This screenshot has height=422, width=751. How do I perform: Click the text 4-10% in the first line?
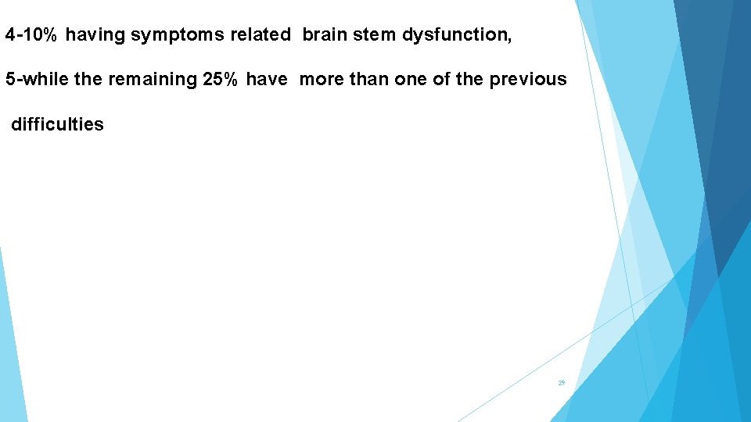(32, 35)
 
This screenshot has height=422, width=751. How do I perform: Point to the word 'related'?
(260, 35)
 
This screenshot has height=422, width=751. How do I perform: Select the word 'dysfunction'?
(457, 35)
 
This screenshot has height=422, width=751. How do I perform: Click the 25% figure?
(221, 80)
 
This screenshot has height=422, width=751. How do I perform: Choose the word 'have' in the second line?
(267, 80)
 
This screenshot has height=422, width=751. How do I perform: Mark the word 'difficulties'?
(57, 124)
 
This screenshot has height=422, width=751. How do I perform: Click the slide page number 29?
(561, 383)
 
